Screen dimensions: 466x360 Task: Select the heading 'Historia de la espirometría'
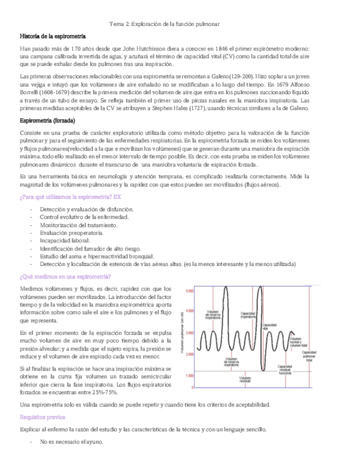[x=52, y=36]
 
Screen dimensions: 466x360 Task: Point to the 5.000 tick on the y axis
[x=190, y=291]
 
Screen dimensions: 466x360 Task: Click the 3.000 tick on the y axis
[x=190, y=334]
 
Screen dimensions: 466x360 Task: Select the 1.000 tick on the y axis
[x=190, y=376]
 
